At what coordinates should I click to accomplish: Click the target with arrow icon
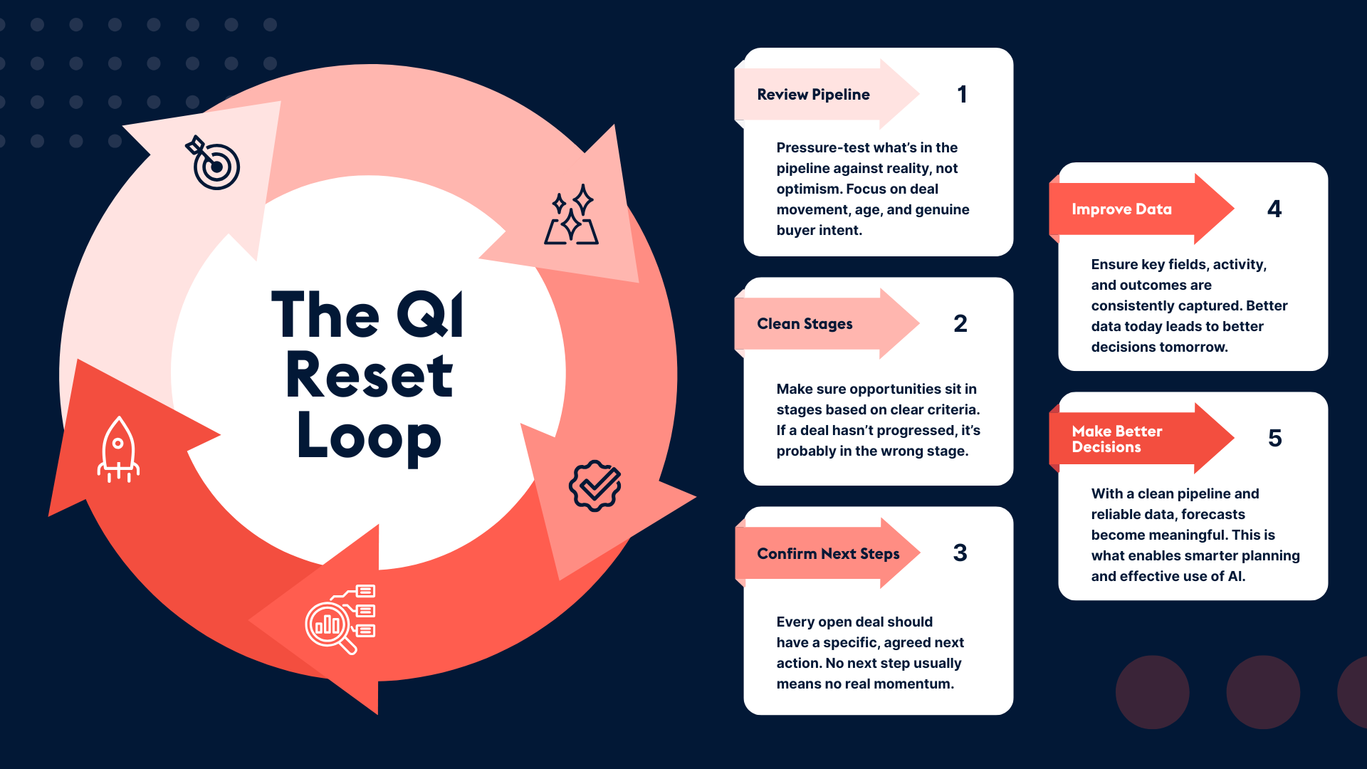tap(214, 163)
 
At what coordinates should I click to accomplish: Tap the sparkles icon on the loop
tap(571, 215)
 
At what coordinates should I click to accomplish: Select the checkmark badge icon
tap(595, 486)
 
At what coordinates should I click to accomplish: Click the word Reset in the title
tap(369, 375)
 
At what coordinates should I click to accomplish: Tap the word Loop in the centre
tap(369, 436)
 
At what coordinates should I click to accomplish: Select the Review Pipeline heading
tap(813, 95)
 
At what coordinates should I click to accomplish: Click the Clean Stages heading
tap(805, 324)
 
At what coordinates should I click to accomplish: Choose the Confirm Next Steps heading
tap(828, 554)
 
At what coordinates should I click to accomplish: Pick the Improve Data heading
tap(1121, 209)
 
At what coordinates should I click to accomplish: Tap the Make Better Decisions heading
tap(1116, 439)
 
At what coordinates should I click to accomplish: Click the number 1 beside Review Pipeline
tap(962, 95)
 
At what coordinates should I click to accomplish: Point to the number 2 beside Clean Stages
tap(960, 324)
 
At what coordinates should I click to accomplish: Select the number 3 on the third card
tap(960, 553)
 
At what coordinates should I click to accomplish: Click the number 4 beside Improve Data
tap(1274, 209)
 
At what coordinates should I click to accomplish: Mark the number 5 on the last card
tap(1274, 439)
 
